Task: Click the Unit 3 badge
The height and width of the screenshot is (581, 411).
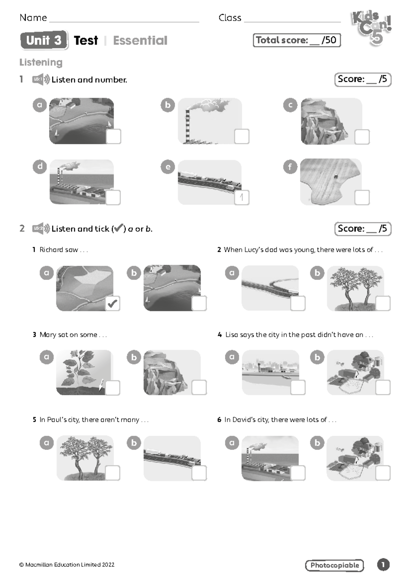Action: tap(44, 40)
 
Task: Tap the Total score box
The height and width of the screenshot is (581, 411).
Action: tap(297, 40)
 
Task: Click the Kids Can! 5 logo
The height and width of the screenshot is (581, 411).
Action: tap(371, 28)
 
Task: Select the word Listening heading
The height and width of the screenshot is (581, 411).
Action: tap(41, 62)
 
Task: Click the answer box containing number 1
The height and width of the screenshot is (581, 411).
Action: tap(242, 198)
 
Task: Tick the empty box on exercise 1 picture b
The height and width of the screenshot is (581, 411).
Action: tap(242, 136)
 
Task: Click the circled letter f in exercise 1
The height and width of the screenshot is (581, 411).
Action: tap(290, 167)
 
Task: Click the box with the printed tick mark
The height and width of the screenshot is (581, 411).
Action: tap(113, 303)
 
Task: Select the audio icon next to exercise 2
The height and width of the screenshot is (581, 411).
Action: tap(41, 228)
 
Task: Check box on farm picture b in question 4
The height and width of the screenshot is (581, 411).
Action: tap(383, 387)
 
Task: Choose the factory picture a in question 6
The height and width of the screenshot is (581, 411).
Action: tap(269, 458)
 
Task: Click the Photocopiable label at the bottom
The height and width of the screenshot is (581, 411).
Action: tap(334, 565)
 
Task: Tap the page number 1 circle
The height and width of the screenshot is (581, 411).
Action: tap(383, 565)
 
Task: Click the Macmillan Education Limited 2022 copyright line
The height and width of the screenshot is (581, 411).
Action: tap(67, 565)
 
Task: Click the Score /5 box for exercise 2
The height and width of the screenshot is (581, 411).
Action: tap(363, 229)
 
